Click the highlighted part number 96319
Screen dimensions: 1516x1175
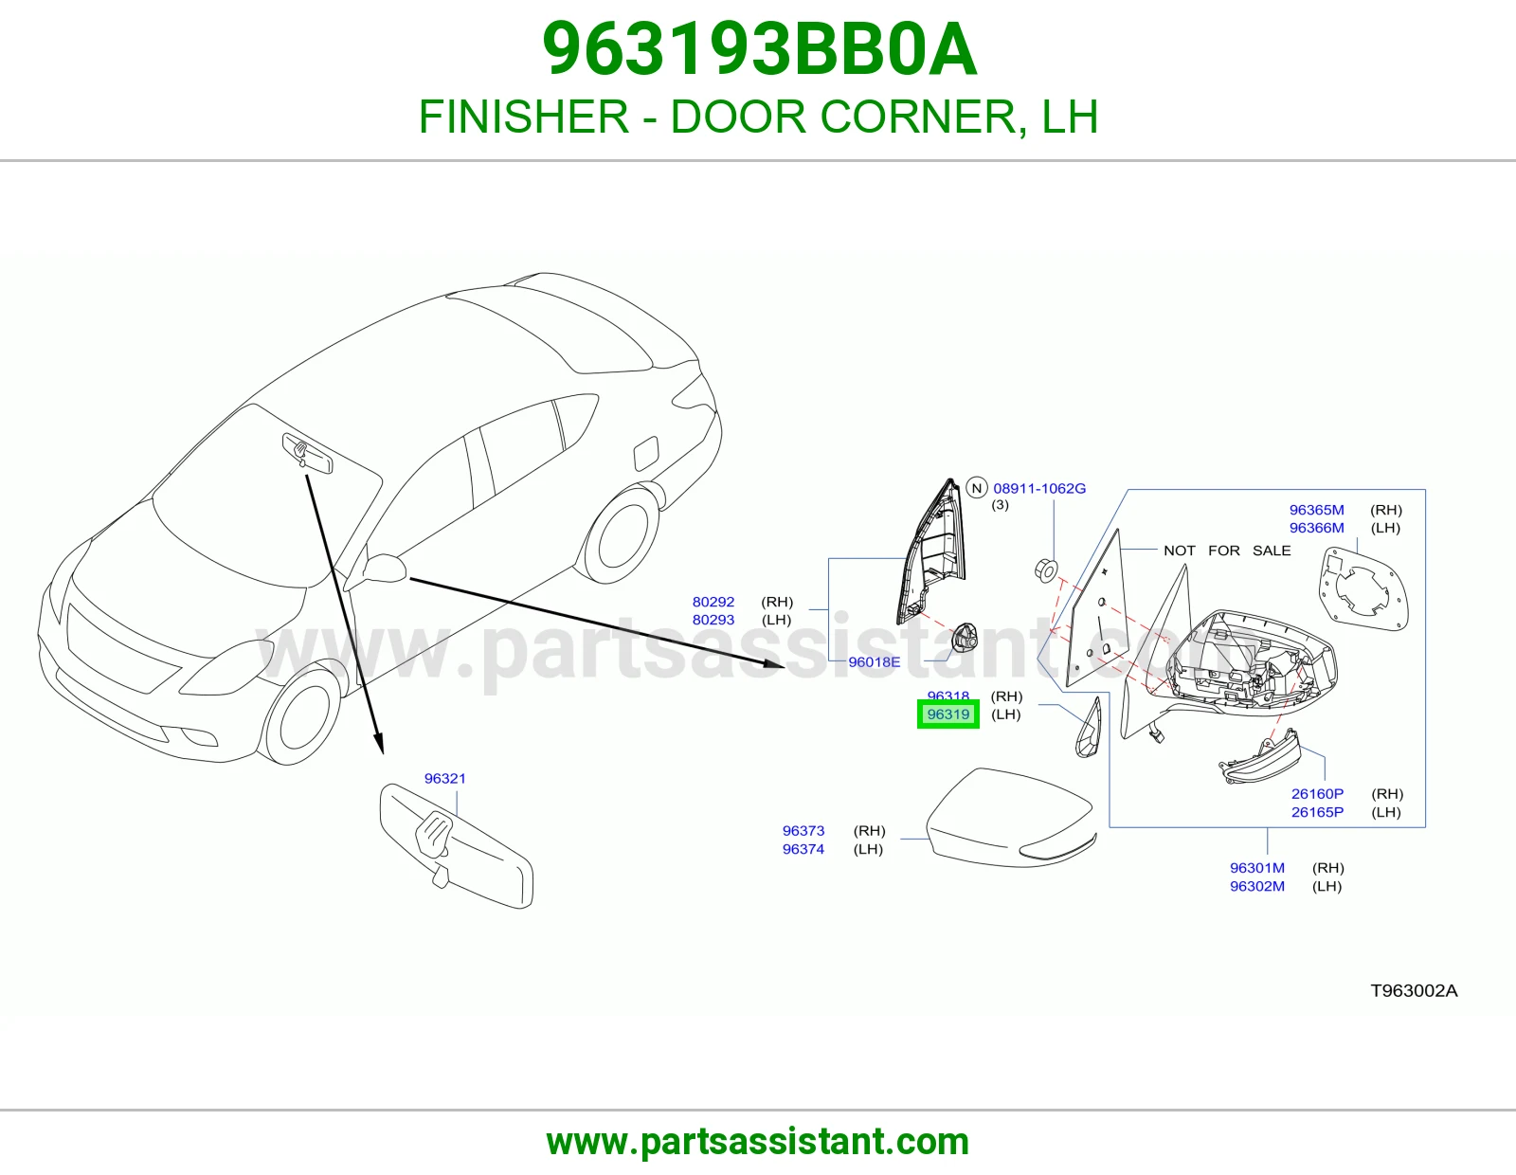tap(948, 714)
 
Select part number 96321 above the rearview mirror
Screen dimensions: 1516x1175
tap(445, 778)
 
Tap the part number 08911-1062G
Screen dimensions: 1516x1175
tap(1039, 488)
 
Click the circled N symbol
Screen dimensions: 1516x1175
tap(977, 488)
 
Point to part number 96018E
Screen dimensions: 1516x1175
tap(875, 662)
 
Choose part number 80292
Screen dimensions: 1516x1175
tap(713, 602)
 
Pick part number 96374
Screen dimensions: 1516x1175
tap(803, 849)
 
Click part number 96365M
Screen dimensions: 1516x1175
tap(1316, 510)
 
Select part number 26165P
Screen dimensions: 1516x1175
tap(1317, 812)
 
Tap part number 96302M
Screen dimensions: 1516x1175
tap(1257, 886)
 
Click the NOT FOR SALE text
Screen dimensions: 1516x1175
tap(1227, 551)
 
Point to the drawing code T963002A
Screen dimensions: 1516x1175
tap(1414, 991)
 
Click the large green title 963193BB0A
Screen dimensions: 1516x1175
tap(760, 49)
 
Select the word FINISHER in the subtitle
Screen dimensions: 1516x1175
tap(524, 117)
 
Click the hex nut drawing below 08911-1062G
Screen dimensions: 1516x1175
tap(1046, 570)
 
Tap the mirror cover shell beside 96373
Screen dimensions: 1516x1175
tap(1011, 818)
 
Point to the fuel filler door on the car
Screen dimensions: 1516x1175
tap(646, 454)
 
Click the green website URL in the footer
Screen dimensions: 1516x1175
tap(758, 1142)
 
